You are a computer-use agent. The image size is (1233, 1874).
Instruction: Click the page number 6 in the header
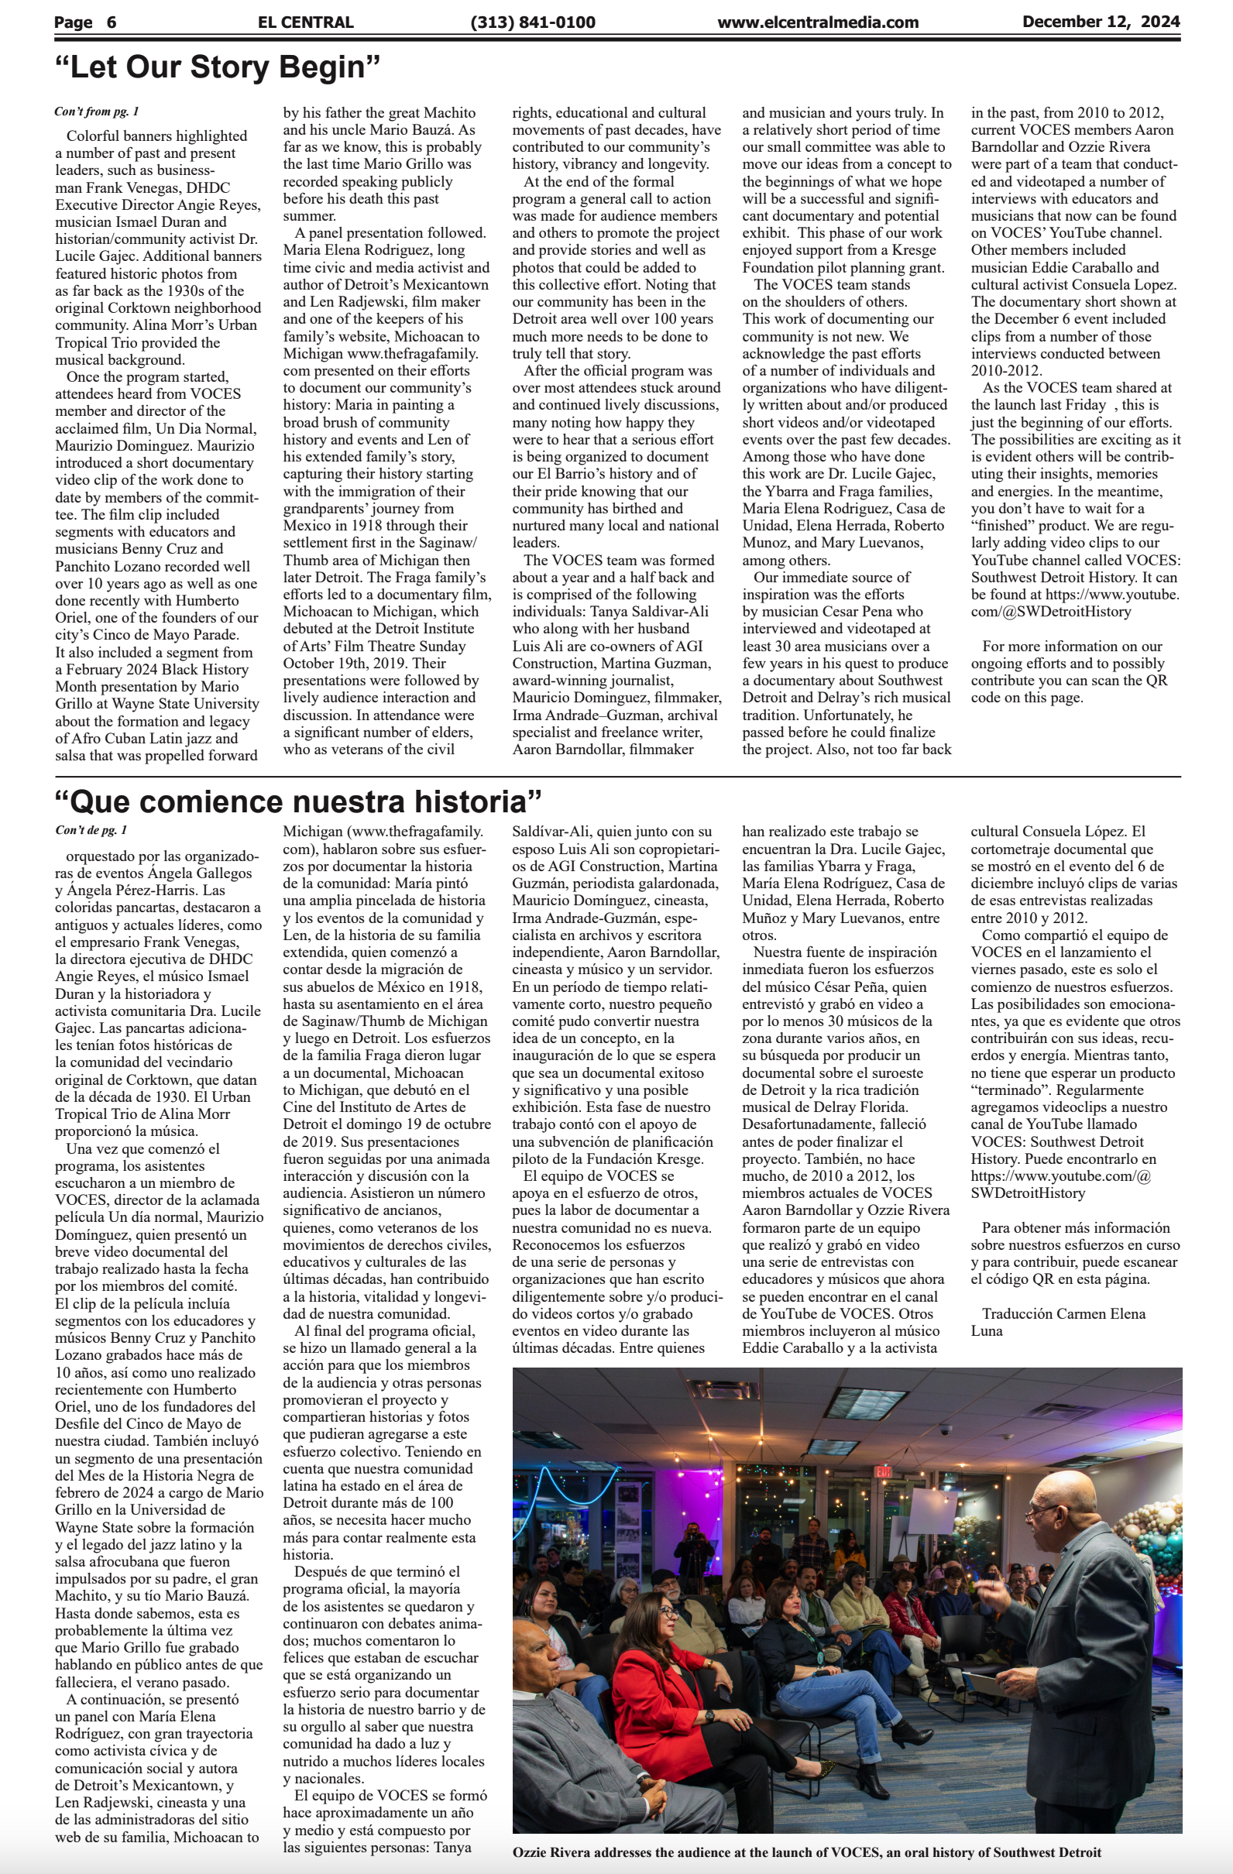coord(111,22)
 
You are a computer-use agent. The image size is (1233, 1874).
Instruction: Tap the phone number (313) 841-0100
coord(532,22)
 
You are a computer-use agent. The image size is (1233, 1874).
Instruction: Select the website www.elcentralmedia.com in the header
coord(817,22)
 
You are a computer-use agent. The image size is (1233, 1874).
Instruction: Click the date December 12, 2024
coord(1100,22)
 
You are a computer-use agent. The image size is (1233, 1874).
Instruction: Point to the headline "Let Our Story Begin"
coord(218,67)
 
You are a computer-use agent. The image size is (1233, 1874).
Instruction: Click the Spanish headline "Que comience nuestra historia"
coord(298,801)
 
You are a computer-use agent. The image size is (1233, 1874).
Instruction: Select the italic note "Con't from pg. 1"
coord(97,112)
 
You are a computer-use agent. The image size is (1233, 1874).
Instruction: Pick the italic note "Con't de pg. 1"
coord(91,830)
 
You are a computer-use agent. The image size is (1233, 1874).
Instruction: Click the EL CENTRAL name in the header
coord(304,22)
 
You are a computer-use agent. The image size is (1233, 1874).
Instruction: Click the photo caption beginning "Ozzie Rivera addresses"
coord(806,1852)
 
